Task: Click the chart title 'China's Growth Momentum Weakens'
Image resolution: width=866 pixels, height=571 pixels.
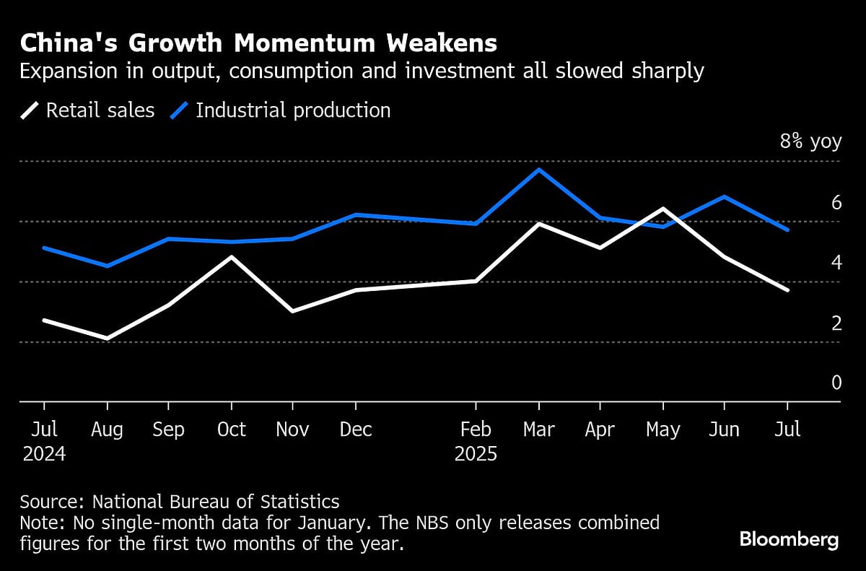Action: (x=258, y=43)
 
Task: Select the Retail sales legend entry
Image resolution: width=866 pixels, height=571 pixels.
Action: (x=87, y=110)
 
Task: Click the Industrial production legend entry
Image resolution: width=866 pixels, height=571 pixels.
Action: (x=281, y=110)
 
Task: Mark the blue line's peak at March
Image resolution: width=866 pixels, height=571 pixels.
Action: (x=538, y=170)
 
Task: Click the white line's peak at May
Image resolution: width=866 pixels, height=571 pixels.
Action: (x=662, y=209)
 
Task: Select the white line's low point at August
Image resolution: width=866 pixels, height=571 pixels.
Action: (x=107, y=338)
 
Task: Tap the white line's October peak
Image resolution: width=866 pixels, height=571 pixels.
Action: (x=231, y=256)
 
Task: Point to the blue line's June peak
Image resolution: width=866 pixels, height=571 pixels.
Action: (x=725, y=196)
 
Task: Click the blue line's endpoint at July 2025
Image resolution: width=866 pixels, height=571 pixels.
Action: (x=787, y=230)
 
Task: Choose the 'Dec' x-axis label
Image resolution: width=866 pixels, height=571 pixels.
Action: (x=355, y=430)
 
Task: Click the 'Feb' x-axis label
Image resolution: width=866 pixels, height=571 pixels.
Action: (x=476, y=430)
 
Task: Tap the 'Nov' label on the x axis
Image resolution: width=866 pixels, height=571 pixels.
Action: (x=292, y=430)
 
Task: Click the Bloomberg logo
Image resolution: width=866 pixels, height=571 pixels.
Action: (x=789, y=539)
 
